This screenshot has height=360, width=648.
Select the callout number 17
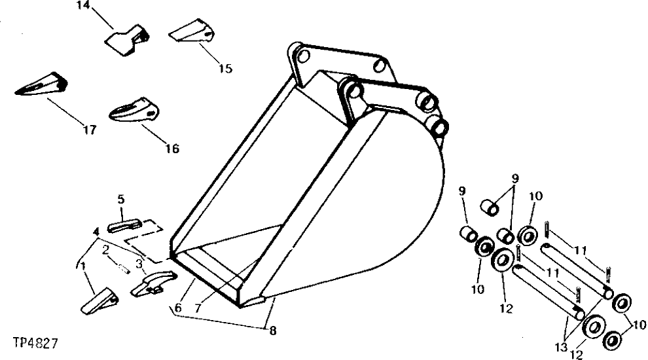tap(90, 130)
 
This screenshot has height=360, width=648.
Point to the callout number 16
tap(171, 149)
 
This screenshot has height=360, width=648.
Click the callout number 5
tap(120, 198)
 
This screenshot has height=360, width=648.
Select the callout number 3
tap(139, 264)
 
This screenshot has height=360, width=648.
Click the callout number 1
tap(82, 266)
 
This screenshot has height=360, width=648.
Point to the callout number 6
tap(177, 307)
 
